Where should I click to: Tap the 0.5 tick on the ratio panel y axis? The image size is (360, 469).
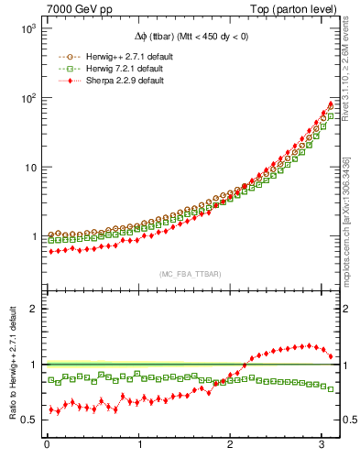(x=27, y=420)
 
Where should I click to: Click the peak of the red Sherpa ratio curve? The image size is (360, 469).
(x=311, y=345)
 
